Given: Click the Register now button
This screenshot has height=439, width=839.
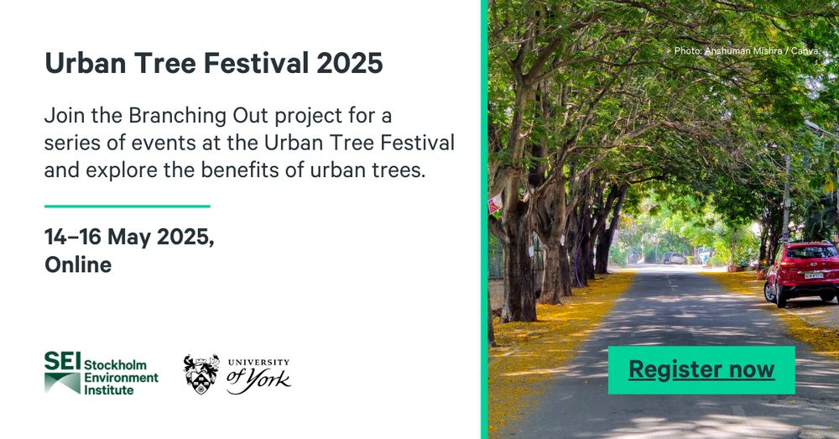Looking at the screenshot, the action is click(701, 370).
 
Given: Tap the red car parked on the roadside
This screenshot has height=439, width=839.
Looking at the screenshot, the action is click(801, 273).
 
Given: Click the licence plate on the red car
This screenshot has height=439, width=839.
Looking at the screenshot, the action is click(814, 275).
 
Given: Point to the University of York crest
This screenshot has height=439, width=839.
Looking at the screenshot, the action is click(201, 374).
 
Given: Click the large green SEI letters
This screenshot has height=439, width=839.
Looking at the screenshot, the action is click(62, 362).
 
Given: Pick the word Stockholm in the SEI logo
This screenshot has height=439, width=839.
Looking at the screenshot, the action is click(115, 365).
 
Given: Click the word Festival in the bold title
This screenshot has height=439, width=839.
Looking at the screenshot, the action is click(256, 63).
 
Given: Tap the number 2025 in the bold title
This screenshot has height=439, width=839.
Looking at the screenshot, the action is click(349, 63).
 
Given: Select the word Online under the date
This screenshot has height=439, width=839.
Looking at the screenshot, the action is click(78, 264).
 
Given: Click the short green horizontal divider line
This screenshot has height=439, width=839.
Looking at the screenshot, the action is click(128, 206).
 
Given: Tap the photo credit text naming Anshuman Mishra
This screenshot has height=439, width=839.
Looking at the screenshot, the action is click(747, 51).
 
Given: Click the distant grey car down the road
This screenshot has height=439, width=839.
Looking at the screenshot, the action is click(673, 258).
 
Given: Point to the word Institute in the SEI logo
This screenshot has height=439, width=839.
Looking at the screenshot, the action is click(108, 390).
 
